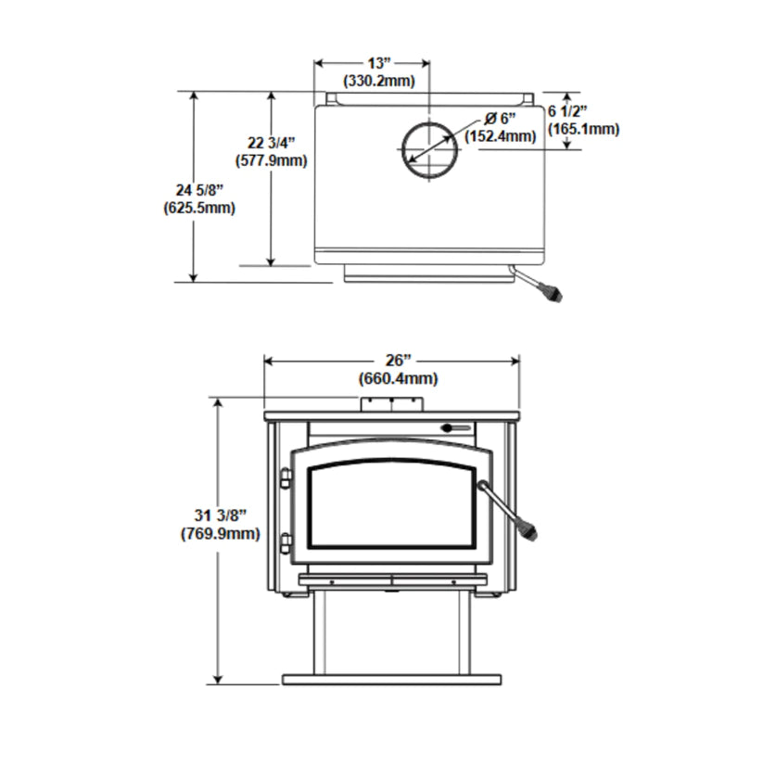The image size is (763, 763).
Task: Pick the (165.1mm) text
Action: point(583,129)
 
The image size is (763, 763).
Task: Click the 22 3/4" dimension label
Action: point(271,143)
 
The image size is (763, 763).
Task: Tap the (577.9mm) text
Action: point(271,160)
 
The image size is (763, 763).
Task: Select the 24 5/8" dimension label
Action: point(193,190)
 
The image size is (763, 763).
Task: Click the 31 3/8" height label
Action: point(220,515)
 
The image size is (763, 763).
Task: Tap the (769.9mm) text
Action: point(220,534)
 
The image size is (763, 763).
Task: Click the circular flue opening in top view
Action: point(430,148)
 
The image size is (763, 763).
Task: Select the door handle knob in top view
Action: point(554,296)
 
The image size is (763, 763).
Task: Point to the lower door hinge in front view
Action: point(285,541)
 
